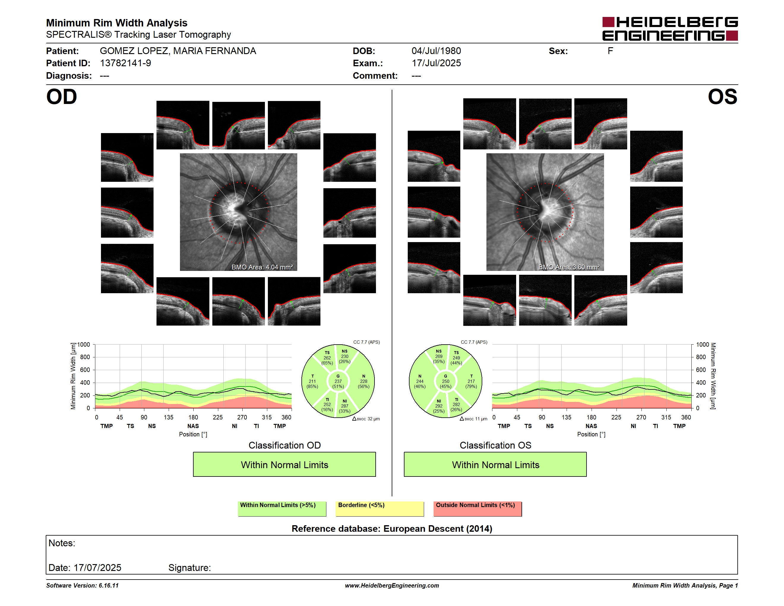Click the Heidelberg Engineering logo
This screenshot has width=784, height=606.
click(670, 29)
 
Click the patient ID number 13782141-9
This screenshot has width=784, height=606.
click(125, 63)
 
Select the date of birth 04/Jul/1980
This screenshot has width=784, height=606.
click(436, 51)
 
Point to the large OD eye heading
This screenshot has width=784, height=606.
click(61, 97)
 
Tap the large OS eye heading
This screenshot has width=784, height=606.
click(722, 97)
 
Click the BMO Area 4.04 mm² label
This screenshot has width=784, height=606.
click(262, 267)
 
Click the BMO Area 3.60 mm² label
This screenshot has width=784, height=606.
click(569, 267)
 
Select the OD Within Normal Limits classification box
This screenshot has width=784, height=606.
click(284, 464)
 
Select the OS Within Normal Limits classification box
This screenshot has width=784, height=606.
click(495, 464)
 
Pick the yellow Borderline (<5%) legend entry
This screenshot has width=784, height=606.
click(380, 509)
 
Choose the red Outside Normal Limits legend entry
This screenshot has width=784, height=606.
click(478, 509)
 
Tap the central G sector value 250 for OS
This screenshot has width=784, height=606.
click(445, 381)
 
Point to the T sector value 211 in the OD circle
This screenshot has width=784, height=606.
click(312, 381)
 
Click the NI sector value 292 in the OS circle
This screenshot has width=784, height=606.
click(439, 406)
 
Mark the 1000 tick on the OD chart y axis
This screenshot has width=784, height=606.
click(83, 345)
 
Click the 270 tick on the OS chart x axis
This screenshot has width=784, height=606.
click(641, 417)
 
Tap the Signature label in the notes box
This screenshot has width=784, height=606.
click(189, 568)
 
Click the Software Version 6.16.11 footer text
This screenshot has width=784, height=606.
click(82, 586)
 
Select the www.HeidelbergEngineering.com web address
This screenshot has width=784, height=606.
click(392, 586)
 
